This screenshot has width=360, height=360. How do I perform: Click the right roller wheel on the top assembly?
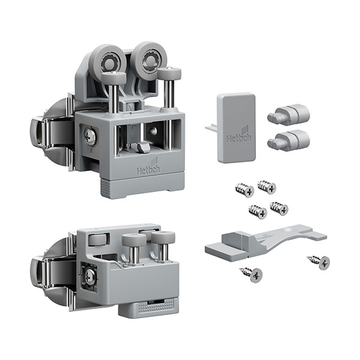[149, 60]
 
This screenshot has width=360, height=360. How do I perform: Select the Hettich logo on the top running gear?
[149, 166]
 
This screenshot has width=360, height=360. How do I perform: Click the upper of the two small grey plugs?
[289, 115]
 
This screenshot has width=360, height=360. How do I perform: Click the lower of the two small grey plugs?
[289, 140]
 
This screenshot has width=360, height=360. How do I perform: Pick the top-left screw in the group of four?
[245, 190]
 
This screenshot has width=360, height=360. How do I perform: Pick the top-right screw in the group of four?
[267, 187]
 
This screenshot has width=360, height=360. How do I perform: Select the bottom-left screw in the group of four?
[258, 212]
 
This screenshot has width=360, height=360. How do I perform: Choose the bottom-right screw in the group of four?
[279, 208]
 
